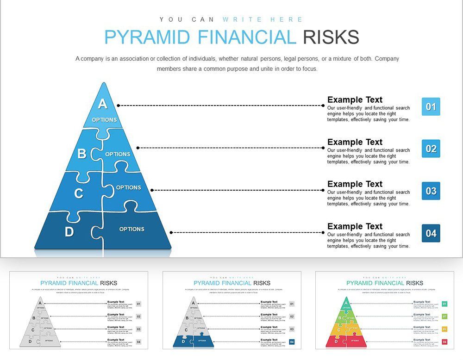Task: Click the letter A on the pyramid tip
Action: (x=102, y=104)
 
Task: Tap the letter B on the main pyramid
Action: (x=81, y=154)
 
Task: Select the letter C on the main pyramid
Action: (x=79, y=193)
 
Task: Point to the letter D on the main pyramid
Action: (x=69, y=232)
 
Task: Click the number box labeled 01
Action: (x=431, y=107)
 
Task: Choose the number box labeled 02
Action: (x=431, y=149)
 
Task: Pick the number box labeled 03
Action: (x=431, y=191)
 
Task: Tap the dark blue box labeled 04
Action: (x=431, y=233)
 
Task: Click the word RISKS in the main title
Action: (x=331, y=37)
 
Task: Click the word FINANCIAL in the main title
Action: (x=246, y=37)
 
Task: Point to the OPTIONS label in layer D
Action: (x=131, y=229)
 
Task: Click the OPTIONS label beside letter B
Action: (x=118, y=154)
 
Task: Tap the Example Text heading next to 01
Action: (x=355, y=99)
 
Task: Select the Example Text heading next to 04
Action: (x=355, y=226)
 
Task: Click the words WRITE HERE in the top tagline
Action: (x=263, y=19)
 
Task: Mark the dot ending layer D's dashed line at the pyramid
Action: (x=171, y=233)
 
